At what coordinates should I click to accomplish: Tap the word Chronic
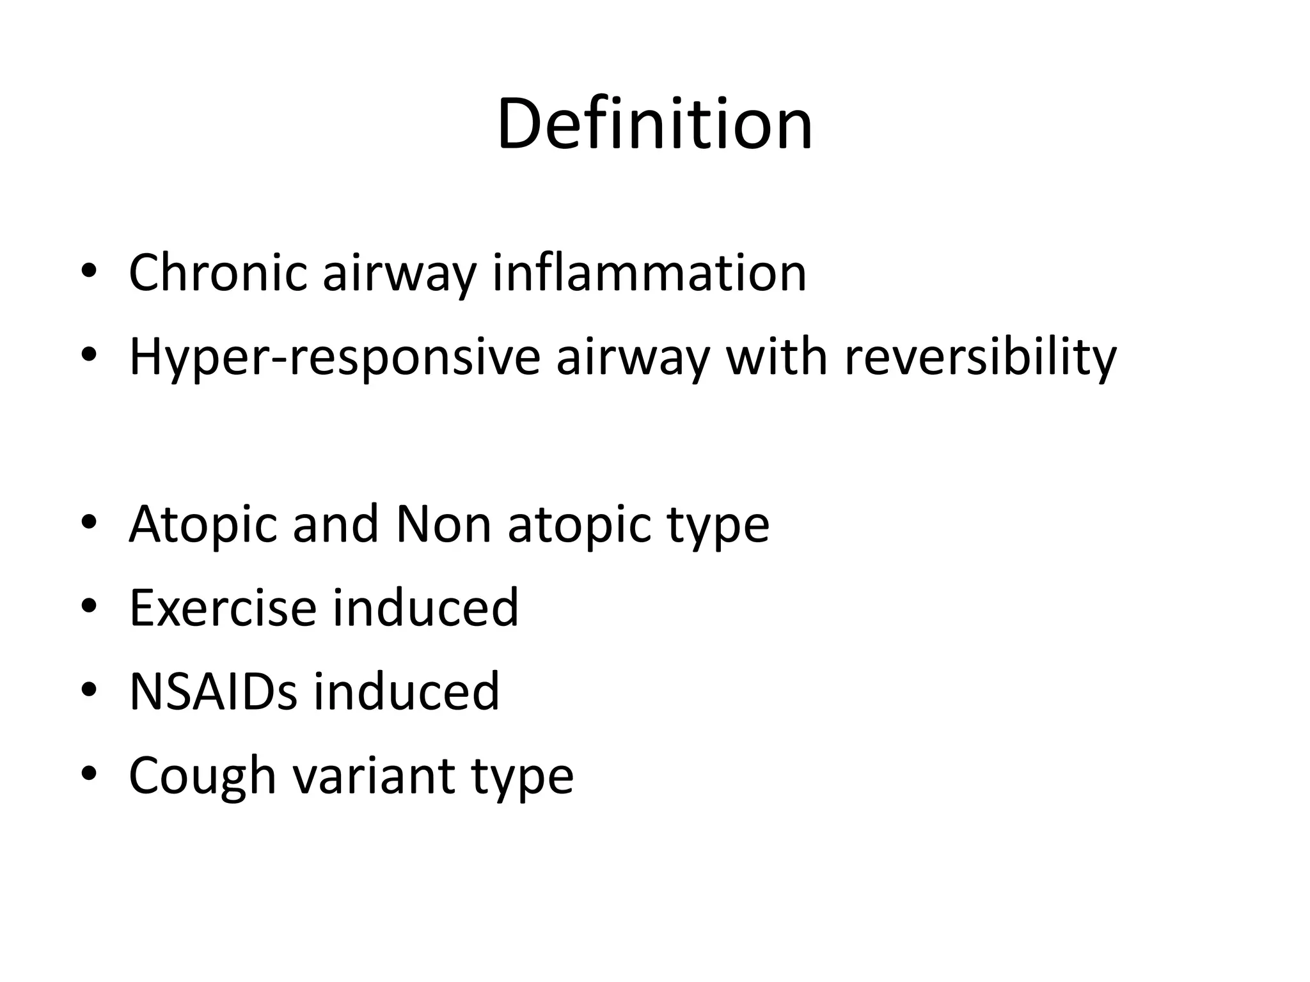(x=217, y=273)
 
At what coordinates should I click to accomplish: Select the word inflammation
(x=649, y=273)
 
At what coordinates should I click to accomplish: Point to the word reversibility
(x=980, y=357)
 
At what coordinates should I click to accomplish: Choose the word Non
(x=443, y=524)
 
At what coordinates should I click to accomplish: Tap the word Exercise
(x=223, y=607)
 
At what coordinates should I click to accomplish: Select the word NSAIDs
(x=213, y=691)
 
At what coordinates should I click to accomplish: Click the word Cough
(x=202, y=775)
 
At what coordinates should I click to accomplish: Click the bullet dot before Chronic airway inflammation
(x=89, y=271)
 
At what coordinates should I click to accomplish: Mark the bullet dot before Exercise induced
(x=89, y=606)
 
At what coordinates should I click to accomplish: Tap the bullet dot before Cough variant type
(x=89, y=774)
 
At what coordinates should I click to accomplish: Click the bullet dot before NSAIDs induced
(x=89, y=690)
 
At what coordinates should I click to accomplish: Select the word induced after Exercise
(x=425, y=607)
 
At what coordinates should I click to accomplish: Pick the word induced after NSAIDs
(x=406, y=691)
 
